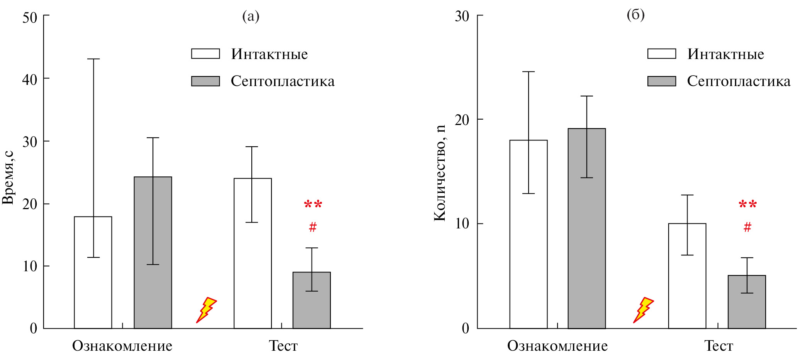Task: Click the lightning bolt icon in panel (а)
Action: click(x=206, y=309)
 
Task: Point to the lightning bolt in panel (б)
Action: click(x=643, y=309)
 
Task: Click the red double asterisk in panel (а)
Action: click(x=313, y=205)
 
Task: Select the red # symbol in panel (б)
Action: click(x=747, y=227)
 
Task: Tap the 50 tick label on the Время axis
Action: click(x=30, y=17)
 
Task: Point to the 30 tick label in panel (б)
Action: click(x=462, y=16)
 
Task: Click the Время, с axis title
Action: click(x=8, y=177)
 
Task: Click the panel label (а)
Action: click(x=251, y=16)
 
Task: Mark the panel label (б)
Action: click(x=635, y=15)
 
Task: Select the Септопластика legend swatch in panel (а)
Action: click(x=205, y=81)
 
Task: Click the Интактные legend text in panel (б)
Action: click(x=725, y=54)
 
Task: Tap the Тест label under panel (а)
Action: click(x=283, y=346)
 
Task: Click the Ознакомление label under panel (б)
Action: click(x=557, y=346)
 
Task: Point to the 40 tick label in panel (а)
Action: click(x=30, y=80)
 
